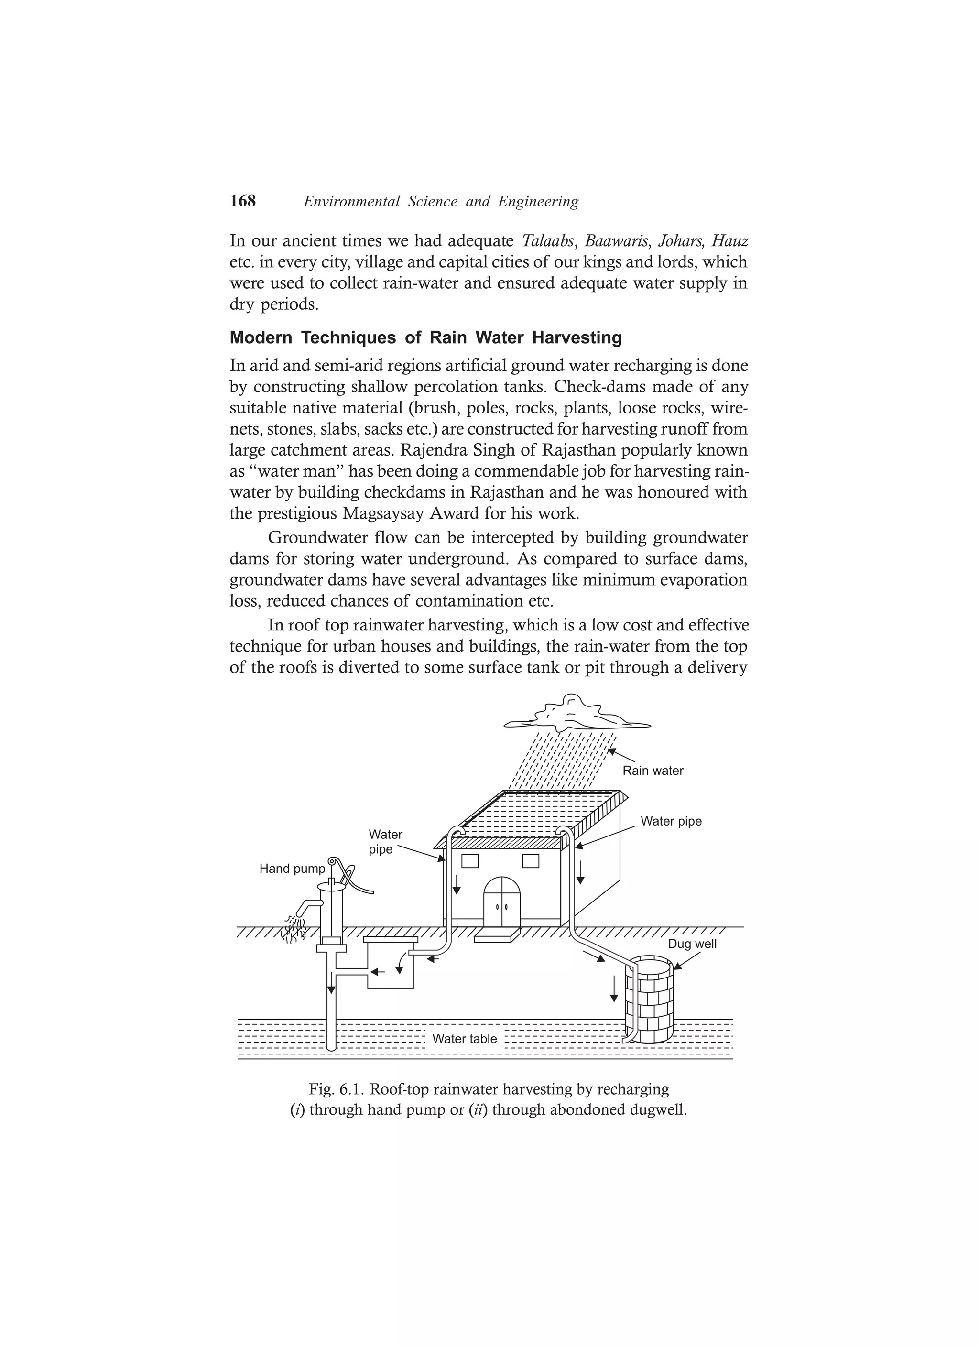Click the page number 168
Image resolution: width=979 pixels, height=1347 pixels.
click(x=242, y=201)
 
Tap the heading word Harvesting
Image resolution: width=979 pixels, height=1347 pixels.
click(x=576, y=338)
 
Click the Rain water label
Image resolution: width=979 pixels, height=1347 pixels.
click(x=653, y=771)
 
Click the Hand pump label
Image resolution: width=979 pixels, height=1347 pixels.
click(x=292, y=869)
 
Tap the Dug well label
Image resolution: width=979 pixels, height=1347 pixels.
click(x=692, y=945)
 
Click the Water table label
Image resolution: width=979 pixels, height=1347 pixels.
click(x=464, y=1039)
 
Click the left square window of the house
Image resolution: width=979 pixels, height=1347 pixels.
click(x=469, y=861)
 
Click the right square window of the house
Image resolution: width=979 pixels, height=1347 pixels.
click(x=530, y=861)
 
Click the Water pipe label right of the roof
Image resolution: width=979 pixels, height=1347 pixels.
click(x=671, y=821)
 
